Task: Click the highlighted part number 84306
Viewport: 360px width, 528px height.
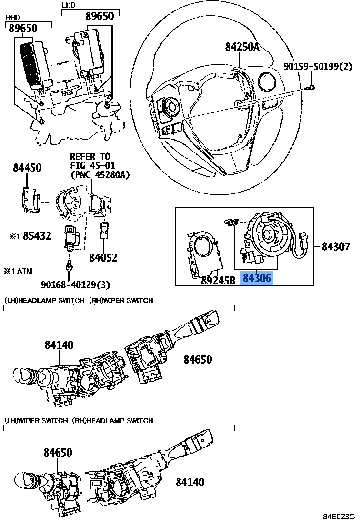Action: [x=257, y=278]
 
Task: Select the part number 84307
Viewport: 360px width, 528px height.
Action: [x=335, y=246]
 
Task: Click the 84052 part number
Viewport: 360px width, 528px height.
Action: [x=103, y=258]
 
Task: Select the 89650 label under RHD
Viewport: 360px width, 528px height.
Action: [x=23, y=29]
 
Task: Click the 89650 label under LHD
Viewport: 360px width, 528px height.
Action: [x=100, y=16]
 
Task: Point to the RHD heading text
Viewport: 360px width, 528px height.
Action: [x=11, y=18]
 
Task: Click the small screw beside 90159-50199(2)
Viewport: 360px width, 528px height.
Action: [x=310, y=87]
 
